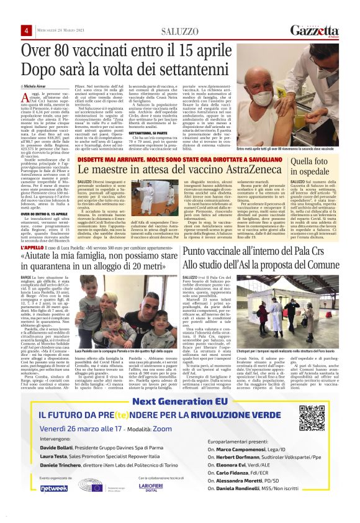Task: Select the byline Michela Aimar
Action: pos(38,79)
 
